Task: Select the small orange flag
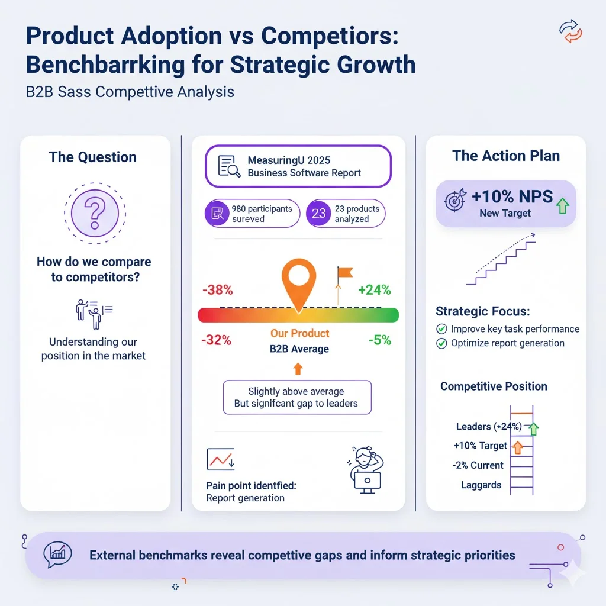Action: pyautogui.click(x=343, y=273)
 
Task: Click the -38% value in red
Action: pyautogui.click(x=217, y=291)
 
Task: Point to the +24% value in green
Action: pyautogui.click(x=374, y=290)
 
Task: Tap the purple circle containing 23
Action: pyautogui.click(x=318, y=214)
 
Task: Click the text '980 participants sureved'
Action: pyautogui.click(x=262, y=214)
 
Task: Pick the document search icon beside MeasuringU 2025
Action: pyautogui.click(x=229, y=166)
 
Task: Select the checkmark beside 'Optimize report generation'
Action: pyautogui.click(x=441, y=343)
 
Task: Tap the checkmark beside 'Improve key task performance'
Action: pyautogui.click(x=441, y=329)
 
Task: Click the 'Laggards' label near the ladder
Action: pyautogui.click(x=481, y=485)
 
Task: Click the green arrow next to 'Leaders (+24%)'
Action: pyautogui.click(x=534, y=428)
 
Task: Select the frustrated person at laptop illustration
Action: pyautogui.click(x=363, y=470)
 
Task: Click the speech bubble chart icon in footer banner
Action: pyautogui.click(x=58, y=555)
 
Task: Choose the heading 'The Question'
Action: pyautogui.click(x=93, y=157)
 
